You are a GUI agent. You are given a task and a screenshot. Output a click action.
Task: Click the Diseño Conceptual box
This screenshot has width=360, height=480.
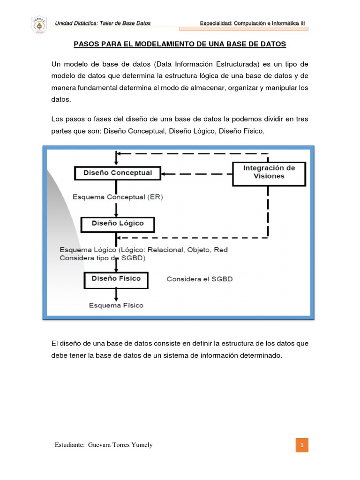tap(117, 173)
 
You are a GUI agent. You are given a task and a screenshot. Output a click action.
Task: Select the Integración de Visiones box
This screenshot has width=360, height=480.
tap(269, 172)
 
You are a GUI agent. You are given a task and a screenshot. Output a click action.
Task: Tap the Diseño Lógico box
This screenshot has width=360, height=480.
tap(118, 224)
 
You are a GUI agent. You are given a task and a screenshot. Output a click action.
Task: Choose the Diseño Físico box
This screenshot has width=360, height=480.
tap(116, 278)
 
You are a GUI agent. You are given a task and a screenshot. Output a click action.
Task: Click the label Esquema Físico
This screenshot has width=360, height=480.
tap(117, 305)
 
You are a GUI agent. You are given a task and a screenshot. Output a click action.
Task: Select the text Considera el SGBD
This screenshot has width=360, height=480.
tap(200, 279)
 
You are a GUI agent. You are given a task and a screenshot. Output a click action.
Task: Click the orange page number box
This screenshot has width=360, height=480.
tap(302, 445)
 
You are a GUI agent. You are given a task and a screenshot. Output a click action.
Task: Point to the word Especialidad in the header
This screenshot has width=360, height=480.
tap(216, 23)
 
